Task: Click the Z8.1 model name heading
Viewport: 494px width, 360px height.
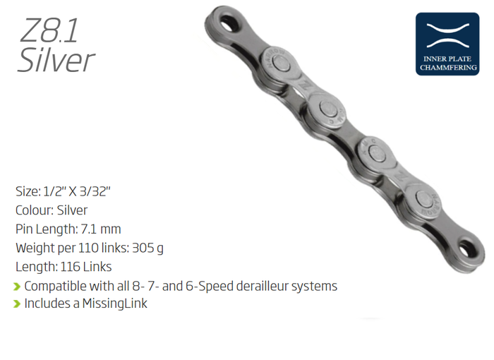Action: click(x=49, y=30)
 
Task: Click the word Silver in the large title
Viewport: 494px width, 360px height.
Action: click(x=56, y=60)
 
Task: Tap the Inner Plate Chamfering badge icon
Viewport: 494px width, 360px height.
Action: click(x=447, y=44)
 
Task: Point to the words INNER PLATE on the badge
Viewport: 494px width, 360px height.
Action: click(x=447, y=59)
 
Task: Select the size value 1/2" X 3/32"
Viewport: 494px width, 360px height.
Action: click(x=77, y=191)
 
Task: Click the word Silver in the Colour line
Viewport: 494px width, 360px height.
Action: click(x=72, y=210)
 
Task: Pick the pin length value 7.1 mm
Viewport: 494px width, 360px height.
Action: click(x=101, y=229)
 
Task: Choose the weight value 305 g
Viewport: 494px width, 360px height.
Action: click(x=147, y=248)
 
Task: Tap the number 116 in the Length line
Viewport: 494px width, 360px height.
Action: click(x=69, y=267)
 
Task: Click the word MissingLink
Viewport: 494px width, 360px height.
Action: click(x=114, y=304)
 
